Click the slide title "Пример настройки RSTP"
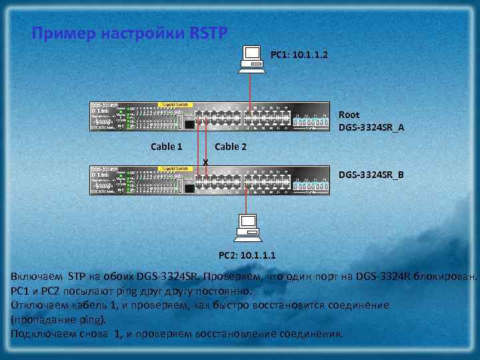129,33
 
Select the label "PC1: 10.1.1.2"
299,53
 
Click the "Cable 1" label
167,146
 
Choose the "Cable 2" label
231,146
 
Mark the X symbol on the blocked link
205,162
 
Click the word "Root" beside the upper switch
349,115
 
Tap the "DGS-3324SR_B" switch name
371,175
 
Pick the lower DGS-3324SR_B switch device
210,181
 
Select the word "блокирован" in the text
447,276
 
